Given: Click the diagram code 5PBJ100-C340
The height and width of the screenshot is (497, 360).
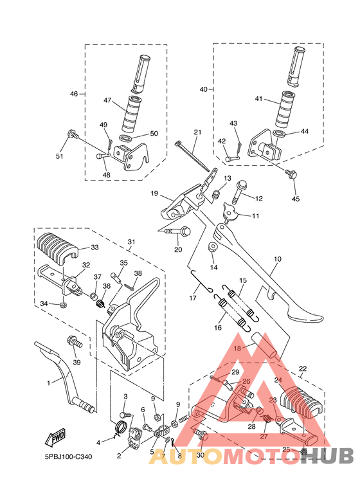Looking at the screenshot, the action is (x=68, y=456).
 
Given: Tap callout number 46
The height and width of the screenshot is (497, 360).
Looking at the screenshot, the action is (x=74, y=94).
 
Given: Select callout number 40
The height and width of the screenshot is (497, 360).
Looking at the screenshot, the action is (x=203, y=89).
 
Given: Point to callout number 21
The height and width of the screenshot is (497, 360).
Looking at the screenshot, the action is (x=197, y=132).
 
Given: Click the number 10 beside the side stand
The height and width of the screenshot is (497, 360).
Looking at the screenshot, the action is (x=277, y=259).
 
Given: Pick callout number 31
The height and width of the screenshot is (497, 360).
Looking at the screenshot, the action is (x=131, y=242).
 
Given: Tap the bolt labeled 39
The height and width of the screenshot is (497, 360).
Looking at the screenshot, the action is (x=75, y=342).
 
